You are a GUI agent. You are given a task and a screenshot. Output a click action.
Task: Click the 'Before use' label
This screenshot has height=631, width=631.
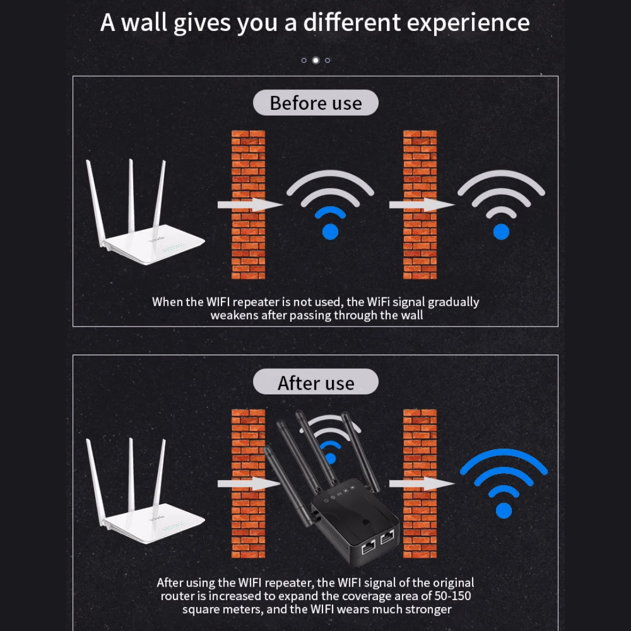pyautogui.click(x=315, y=103)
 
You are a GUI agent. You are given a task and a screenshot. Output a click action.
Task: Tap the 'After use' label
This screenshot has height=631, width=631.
pyautogui.click(x=315, y=382)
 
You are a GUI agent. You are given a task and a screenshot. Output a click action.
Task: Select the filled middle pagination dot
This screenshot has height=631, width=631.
pyautogui.click(x=316, y=60)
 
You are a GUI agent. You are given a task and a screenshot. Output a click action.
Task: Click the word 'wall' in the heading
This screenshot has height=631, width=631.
pyautogui.click(x=144, y=22)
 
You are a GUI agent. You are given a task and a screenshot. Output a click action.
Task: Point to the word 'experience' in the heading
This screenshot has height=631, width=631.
pyautogui.click(x=468, y=23)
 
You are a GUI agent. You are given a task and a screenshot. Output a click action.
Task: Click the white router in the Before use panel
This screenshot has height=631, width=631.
pyautogui.click(x=145, y=212)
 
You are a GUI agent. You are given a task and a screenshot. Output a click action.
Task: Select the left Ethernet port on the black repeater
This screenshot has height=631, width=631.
pyautogui.click(x=369, y=547)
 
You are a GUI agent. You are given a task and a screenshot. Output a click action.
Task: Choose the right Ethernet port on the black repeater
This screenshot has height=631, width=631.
pyautogui.click(x=387, y=536)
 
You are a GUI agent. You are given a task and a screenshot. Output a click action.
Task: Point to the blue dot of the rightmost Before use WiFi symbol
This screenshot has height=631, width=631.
pyautogui.click(x=501, y=232)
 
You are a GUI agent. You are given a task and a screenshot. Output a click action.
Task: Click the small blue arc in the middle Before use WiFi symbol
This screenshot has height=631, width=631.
pyautogui.click(x=330, y=212)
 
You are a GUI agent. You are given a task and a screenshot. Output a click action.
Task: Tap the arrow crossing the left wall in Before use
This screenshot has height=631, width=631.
pyautogui.click(x=250, y=205)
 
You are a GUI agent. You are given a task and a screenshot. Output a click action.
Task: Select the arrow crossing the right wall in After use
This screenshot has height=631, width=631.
pyautogui.click(x=422, y=484)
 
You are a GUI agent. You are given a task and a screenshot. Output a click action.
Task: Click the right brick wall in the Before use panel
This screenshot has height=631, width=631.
pyautogui.click(x=419, y=204)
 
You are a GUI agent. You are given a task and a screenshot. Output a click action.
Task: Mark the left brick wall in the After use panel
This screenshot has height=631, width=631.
pyautogui.click(x=248, y=484)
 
